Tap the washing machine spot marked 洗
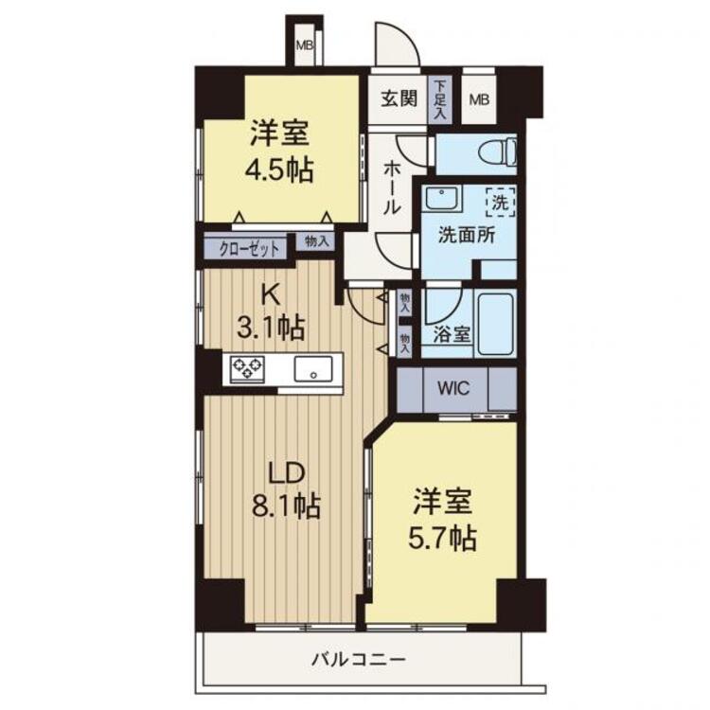click(x=501, y=202)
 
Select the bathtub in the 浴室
click(x=496, y=324)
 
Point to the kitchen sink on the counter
click(x=313, y=368)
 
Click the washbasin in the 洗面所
click(x=442, y=199)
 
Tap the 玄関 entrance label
click(x=399, y=98)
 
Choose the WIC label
click(x=453, y=388)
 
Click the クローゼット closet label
click(x=249, y=250)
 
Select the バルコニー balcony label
click(x=358, y=659)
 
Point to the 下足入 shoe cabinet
click(x=439, y=99)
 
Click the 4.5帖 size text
click(x=279, y=170)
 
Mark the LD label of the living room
click(x=287, y=473)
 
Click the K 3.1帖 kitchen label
click(x=271, y=313)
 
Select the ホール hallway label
click(x=392, y=188)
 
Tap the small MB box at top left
click(x=305, y=45)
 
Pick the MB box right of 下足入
click(x=479, y=99)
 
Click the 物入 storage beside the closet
click(x=315, y=241)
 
